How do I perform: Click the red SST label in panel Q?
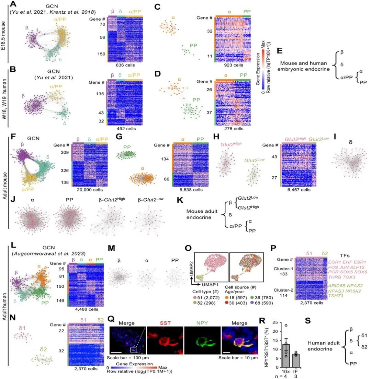pyautogui.click(x=163, y=323)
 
